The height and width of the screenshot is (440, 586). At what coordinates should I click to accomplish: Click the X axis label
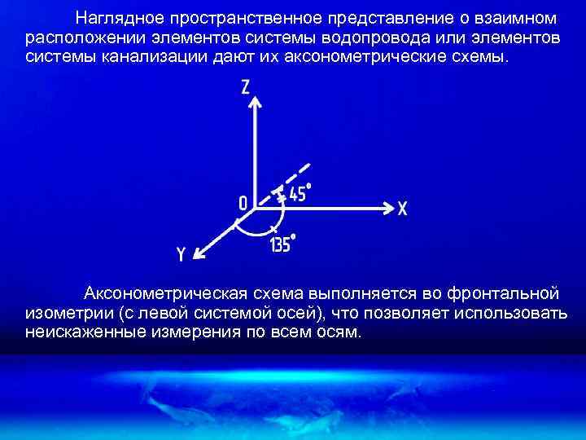pyautogui.click(x=402, y=209)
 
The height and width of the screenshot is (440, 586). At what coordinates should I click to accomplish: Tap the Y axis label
pyautogui.click(x=181, y=256)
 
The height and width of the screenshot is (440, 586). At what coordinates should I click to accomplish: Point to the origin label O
pyautogui.click(x=243, y=201)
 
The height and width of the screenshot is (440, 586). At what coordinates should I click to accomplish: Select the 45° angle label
pyautogui.click(x=299, y=193)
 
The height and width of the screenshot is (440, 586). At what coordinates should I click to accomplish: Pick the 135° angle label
pyautogui.click(x=281, y=244)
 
